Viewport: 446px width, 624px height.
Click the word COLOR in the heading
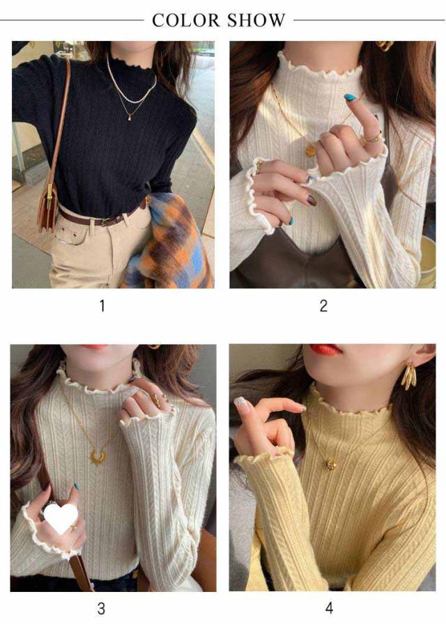coord(186,20)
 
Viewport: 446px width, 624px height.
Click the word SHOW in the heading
coord(256,20)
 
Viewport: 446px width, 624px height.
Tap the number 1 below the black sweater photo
coord(102,306)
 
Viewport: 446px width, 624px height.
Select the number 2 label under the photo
coord(323,306)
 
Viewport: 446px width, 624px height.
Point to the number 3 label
coord(101,609)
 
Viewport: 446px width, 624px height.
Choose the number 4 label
coord(329,609)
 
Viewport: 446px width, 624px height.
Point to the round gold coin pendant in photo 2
coord(311,151)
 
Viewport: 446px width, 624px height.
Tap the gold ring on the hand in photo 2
coord(372,139)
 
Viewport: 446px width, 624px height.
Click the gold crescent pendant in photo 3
coord(98,457)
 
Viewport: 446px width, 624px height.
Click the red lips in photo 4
coord(325,350)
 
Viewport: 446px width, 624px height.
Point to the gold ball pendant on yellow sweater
coord(330,464)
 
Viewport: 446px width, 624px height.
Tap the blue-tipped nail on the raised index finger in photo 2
coord(351,97)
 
